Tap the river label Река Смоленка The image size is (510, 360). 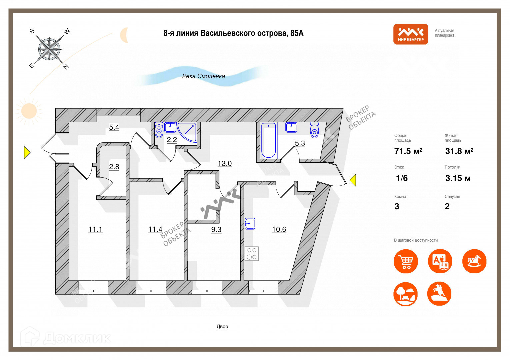[x=203, y=76]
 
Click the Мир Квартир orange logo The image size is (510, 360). [x=410, y=34]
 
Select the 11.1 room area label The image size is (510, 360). [x=95, y=229]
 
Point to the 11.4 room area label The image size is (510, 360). [x=155, y=229]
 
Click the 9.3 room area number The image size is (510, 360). [x=216, y=229]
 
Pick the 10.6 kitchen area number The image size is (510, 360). [x=279, y=229]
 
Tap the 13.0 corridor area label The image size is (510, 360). [x=225, y=163]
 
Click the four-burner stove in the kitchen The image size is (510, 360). [x=252, y=253]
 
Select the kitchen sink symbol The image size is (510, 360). [x=250, y=223]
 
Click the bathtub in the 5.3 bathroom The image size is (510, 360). [x=269, y=140]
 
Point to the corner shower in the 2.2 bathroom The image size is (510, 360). [x=187, y=132]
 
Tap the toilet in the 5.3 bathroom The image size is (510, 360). [x=314, y=130]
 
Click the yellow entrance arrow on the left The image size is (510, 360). [x=27, y=153]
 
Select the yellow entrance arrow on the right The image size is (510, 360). [x=353, y=180]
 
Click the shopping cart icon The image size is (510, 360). [x=406, y=261]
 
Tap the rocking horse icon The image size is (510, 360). [x=474, y=261]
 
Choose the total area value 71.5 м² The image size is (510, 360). [x=408, y=151]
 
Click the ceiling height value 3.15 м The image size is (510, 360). [x=458, y=178]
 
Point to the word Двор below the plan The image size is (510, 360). [x=222, y=326]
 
